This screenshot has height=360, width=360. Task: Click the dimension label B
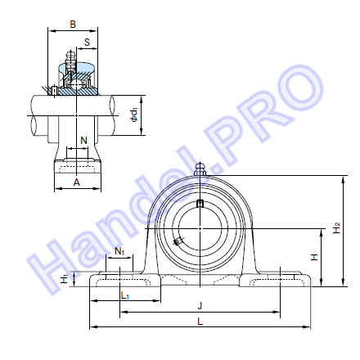(73, 25)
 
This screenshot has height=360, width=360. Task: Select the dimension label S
(87, 43)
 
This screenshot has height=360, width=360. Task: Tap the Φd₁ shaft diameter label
(134, 115)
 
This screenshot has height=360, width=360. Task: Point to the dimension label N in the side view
(84, 141)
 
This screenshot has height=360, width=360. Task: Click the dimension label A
(77, 182)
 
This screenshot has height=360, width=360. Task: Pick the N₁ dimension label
(119, 251)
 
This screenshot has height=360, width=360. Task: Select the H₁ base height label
(65, 278)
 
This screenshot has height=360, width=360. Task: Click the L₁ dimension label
(125, 295)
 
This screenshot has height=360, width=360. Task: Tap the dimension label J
(200, 305)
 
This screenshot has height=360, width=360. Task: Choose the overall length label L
(200, 322)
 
